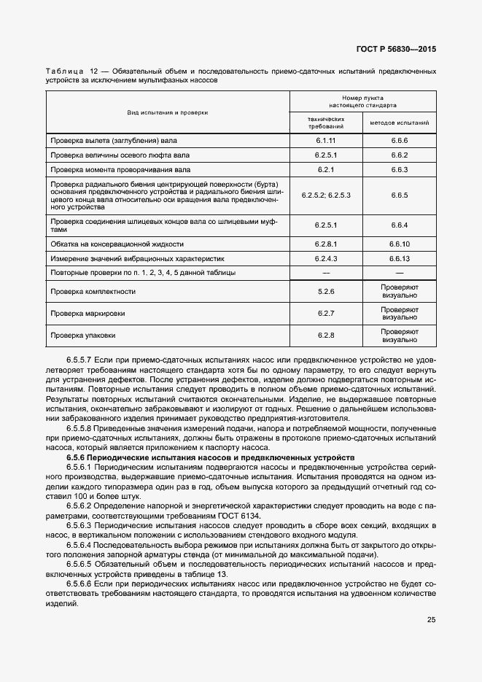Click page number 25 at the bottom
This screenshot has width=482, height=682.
(431, 620)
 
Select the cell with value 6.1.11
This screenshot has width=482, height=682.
(325, 139)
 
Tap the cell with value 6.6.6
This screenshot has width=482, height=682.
(399, 139)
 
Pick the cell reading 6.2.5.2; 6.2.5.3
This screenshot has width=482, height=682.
(325, 195)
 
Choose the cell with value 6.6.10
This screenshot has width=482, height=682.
(399, 244)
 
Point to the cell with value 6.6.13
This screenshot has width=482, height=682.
(399, 258)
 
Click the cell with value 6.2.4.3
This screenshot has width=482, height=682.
(325, 258)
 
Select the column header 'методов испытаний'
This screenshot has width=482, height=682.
(399, 123)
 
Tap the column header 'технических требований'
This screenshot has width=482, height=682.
(325, 123)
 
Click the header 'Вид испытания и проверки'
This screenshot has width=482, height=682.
(168, 112)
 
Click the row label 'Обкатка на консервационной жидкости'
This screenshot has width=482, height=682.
(117, 244)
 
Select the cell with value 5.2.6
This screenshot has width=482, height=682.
(325, 292)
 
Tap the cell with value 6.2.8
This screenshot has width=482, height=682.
(325, 336)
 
